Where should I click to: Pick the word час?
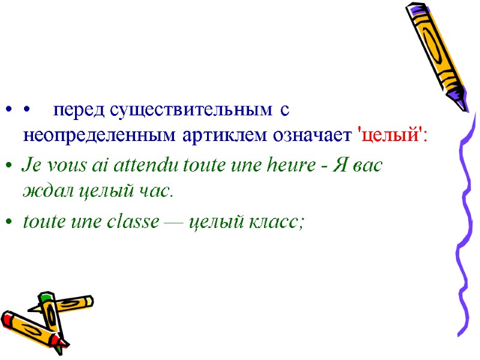click(154, 191)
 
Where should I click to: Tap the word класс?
click(279, 222)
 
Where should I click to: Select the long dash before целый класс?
click(175, 223)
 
